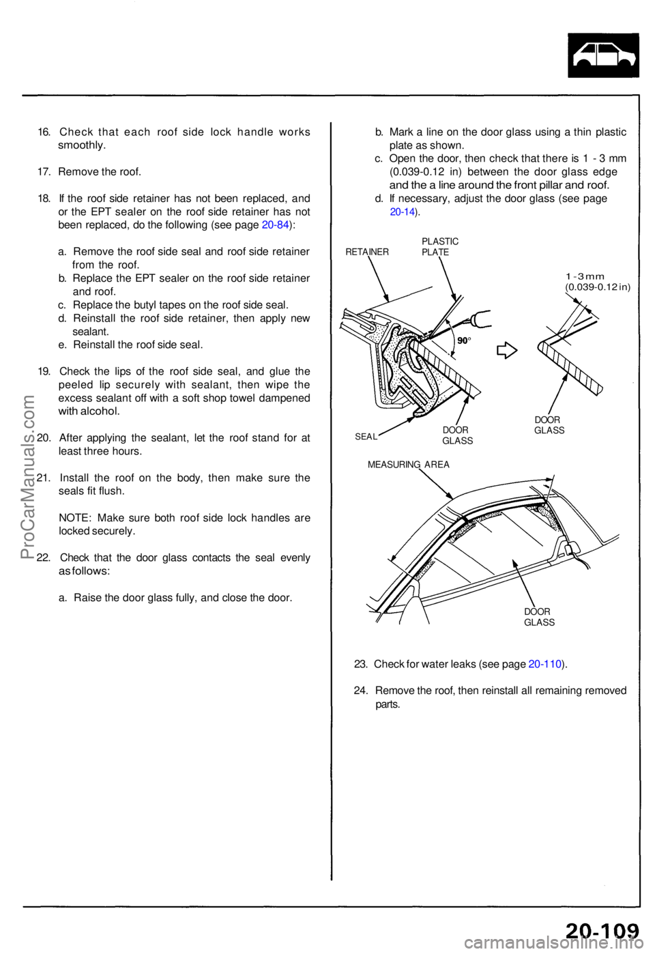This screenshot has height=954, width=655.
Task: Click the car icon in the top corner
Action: coord(603,55)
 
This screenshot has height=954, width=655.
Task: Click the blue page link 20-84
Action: coord(275,225)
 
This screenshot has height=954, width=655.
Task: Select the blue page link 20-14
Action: coord(403,212)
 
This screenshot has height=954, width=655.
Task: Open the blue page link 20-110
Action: coord(545,663)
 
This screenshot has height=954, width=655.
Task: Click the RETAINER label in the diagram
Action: coord(367,252)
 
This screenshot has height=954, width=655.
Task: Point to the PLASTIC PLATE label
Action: coord(440,246)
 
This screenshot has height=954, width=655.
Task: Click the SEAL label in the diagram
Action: coord(366,437)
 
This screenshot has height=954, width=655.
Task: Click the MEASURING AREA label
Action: coord(408,464)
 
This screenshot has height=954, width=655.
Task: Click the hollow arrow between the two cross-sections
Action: coord(506,351)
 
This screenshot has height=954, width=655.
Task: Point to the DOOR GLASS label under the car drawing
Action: coord(539,617)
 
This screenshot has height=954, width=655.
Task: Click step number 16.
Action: coord(44,132)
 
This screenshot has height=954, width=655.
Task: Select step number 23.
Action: coord(361,663)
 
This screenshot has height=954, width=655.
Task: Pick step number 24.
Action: coord(361,690)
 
